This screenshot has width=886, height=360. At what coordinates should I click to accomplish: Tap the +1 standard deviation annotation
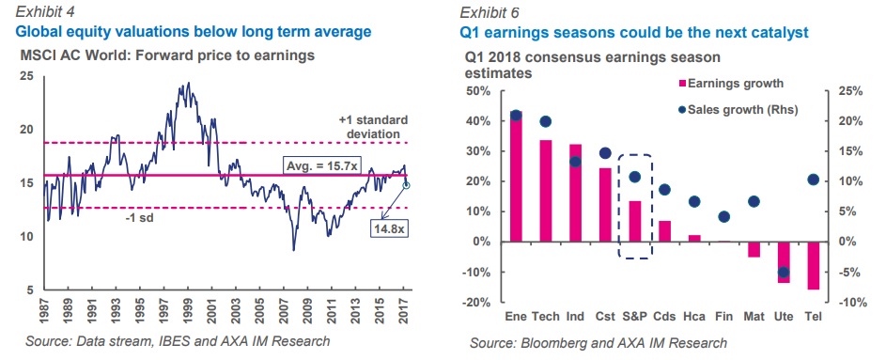[x=373, y=127]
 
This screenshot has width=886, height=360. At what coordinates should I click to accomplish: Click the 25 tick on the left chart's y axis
[x=27, y=77]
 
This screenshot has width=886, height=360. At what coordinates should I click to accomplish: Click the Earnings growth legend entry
[x=730, y=84]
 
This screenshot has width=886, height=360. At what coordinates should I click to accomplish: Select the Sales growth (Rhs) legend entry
[x=738, y=110]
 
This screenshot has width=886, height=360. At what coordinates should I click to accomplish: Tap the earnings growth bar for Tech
[x=546, y=191]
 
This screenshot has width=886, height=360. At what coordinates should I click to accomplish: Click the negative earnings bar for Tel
[x=813, y=266]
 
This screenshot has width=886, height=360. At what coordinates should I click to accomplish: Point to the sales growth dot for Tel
[x=813, y=180]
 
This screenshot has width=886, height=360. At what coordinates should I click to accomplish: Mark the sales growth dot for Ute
[x=784, y=273]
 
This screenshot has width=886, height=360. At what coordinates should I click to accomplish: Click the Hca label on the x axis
[x=694, y=316]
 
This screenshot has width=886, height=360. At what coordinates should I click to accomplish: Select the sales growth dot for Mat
[x=754, y=202]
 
